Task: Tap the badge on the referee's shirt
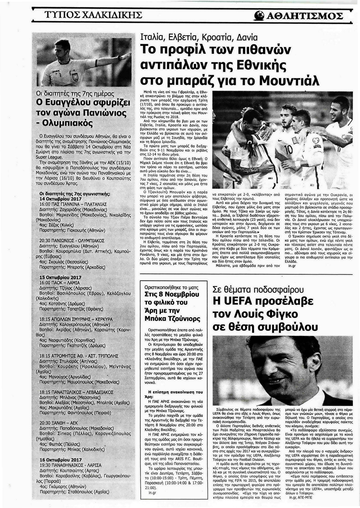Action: tap(75, 77)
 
